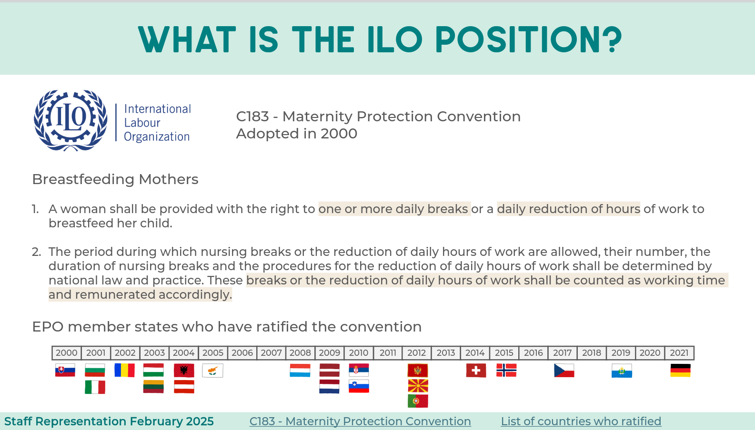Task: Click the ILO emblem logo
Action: tap(70, 120)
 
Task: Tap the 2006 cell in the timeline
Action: tap(242, 353)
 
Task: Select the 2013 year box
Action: tap(446, 353)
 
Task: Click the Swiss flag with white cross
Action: tap(476, 371)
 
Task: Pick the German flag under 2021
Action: tap(680, 371)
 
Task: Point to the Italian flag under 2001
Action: tap(95, 387)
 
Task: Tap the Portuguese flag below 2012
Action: tap(418, 401)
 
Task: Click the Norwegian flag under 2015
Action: tap(506, 370)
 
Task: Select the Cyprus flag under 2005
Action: tap(212, 371)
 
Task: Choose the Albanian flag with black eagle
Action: tap(184, 371)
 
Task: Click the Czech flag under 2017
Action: tap(564, 371)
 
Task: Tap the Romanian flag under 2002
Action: tap(124, 370)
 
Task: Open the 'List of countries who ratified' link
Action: tap(581, 421)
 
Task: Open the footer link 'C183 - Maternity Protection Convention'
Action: tap(360, 421)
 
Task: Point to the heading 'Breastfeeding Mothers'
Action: tap(115, 179)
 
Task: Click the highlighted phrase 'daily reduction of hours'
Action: tap(569, 209)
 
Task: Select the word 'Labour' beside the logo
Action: tap(142, 123)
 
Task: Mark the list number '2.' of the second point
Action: tap(36, 252)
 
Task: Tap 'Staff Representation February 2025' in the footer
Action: tap(109, 421)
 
